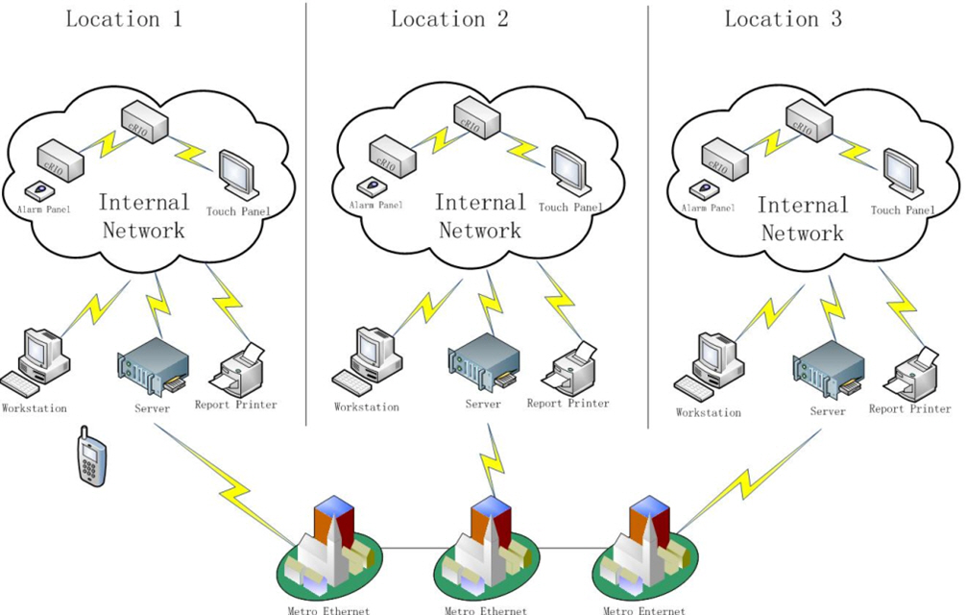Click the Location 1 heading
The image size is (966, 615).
(x=123, y=19)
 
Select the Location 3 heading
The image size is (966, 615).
(x=783, y=19)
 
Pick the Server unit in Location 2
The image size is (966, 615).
(x=482, y=364)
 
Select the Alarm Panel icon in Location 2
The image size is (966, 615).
(x=367, y=186)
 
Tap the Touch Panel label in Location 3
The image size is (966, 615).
(x=902, y=210)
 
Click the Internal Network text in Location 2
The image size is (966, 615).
(x=479, y=216)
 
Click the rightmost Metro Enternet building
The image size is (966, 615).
(x=643, y=548)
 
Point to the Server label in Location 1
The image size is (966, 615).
(x=153, y=408)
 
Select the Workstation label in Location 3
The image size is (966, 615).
(x=709, y=413)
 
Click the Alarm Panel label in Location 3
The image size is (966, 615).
(x=708, y=208)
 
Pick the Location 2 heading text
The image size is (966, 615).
(x=449, y=19)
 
